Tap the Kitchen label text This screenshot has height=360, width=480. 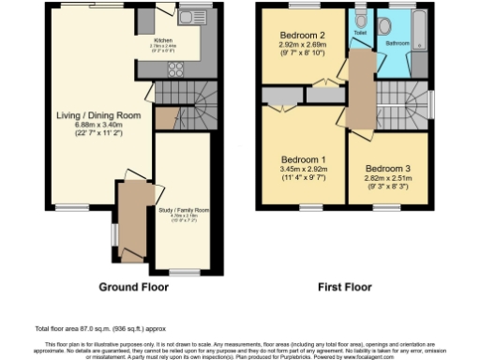(x=162, y=41)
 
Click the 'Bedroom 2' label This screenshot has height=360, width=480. (x=302, y=35)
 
